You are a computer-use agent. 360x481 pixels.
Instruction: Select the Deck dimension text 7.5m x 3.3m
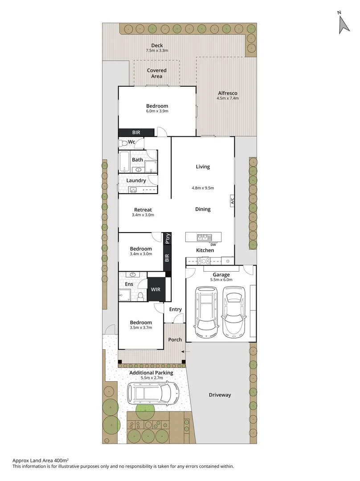coord(157,51)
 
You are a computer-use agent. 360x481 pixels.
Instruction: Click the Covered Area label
coord(157,73)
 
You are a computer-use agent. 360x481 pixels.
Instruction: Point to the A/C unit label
coord(232,201)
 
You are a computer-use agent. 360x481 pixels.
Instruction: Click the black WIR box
coord(156,289)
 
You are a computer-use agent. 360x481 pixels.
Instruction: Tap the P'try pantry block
coord(168,239)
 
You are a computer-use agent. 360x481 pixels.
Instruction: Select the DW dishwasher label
coord(213,245)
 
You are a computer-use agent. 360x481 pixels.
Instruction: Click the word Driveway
coord(220,395)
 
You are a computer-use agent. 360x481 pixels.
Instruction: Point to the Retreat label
coord(143,210)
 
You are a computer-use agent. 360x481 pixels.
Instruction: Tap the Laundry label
coord(136,180)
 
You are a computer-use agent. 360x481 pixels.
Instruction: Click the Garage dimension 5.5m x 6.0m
coord(221,280)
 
